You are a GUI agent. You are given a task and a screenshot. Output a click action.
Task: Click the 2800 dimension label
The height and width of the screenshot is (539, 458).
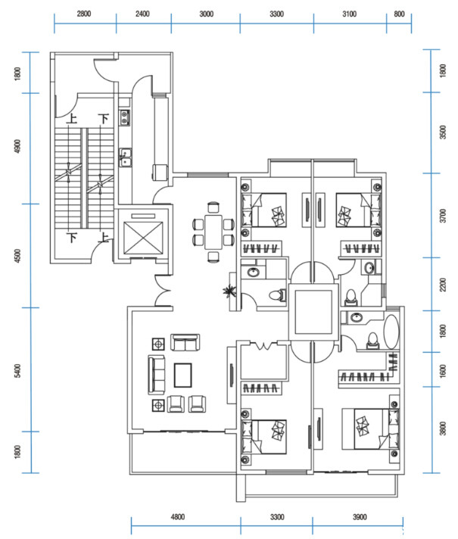(84, 14)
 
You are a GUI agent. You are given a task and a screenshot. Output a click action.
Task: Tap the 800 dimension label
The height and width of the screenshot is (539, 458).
(399, 14)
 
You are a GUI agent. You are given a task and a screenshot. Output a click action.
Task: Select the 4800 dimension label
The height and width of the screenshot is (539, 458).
(178, 516)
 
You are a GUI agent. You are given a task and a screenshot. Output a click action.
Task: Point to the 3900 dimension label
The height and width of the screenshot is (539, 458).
(360, 516)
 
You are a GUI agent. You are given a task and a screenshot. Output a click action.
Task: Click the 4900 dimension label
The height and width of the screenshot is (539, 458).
(17, 146)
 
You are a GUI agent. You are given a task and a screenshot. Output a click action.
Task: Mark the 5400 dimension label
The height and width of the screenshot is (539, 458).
(17, 371)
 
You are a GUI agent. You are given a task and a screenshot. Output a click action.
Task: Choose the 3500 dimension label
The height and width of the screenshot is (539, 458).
(443, 132)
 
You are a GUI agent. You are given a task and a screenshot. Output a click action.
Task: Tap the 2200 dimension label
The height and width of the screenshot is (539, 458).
(443, 285)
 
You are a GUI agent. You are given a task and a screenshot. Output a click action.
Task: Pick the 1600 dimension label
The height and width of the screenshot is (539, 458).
(443, 371)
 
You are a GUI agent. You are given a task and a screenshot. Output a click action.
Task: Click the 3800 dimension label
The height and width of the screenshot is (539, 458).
(443, 428)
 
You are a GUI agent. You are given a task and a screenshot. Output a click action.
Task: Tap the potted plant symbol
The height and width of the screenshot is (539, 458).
(229, 291)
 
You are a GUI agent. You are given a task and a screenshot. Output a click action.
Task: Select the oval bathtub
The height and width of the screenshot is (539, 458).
(391, 332)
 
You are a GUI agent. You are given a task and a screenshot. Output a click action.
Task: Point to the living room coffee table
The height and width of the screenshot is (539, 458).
(183, 375)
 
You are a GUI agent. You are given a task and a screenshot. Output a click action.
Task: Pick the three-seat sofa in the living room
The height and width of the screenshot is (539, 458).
(157, 375)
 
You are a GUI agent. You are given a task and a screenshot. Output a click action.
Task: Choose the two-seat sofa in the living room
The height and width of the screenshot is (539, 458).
(185, 342)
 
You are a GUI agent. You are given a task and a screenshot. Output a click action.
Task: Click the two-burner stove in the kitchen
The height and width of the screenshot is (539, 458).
(124, 117)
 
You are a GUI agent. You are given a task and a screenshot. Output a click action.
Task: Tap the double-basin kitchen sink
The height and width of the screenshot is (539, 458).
(126, 157)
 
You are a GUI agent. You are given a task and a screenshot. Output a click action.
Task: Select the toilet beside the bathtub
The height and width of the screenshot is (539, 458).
(372, 341)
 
